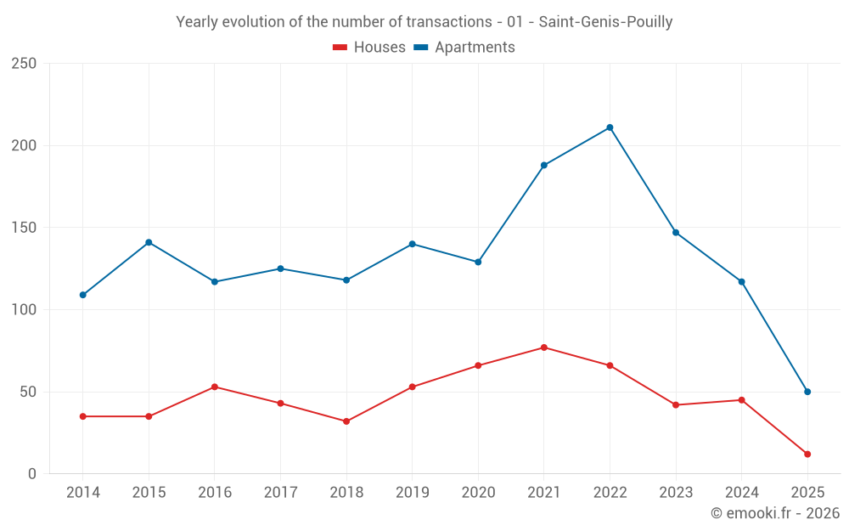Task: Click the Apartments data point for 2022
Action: [610, 127]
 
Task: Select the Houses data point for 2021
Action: [544, 347]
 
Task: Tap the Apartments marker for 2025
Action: [807, 392]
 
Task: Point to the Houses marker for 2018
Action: [346, 421]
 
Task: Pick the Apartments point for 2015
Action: [149, 242]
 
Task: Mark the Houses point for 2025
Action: [807, 454]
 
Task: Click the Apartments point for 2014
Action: [82, 295]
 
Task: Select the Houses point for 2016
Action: [215, 387]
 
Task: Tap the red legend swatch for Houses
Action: [340, 48]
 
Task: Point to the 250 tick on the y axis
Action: [24, 64]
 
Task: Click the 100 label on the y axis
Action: [24, 310]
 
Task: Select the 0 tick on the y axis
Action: [32, 474]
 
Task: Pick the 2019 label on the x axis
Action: [413, 493]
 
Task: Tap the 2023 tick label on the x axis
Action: [676, 493]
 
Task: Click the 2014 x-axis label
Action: [82, 493]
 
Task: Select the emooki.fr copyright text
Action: [775, 513]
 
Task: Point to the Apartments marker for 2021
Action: [544, 165]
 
